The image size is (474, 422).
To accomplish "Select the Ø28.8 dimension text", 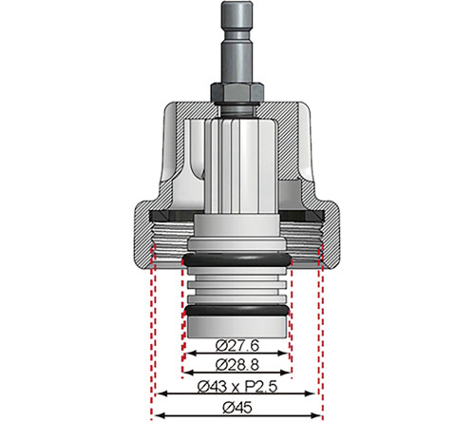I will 237,365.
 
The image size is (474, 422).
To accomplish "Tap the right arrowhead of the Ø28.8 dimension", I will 289,374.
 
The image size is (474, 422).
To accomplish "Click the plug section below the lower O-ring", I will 237,325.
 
